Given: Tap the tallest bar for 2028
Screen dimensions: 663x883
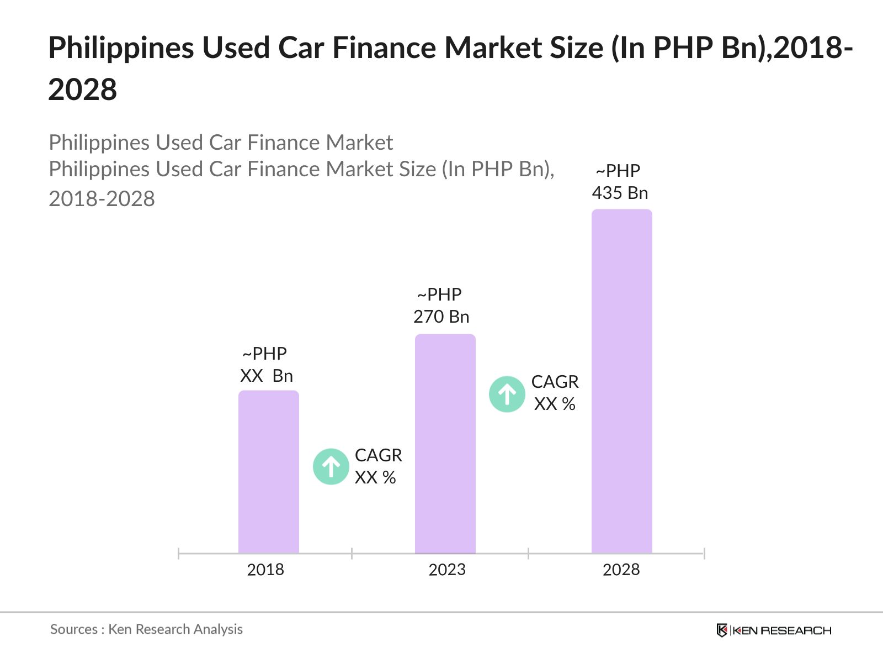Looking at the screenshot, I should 622,381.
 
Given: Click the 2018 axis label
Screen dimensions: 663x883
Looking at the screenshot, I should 265,570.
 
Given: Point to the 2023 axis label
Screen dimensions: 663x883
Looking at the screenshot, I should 447,570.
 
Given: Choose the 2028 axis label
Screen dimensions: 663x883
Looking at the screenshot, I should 621,570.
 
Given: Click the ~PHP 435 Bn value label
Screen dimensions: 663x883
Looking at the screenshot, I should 620,182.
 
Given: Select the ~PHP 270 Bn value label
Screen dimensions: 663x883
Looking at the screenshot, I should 441,306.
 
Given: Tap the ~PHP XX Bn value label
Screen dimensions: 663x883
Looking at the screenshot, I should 266,365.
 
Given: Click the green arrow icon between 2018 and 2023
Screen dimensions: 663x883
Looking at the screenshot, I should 331,467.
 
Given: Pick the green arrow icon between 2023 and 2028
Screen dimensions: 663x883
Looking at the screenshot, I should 507,394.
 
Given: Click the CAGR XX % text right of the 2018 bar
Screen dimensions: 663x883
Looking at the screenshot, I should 378,466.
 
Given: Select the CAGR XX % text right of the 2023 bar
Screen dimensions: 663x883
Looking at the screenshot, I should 555,393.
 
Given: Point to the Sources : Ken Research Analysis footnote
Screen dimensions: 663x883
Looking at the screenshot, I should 146,629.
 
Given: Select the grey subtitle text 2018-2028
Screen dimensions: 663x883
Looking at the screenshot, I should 102,199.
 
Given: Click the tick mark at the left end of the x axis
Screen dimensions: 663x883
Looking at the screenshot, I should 179,553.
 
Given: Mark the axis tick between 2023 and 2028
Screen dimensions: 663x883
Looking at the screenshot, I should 529,553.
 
